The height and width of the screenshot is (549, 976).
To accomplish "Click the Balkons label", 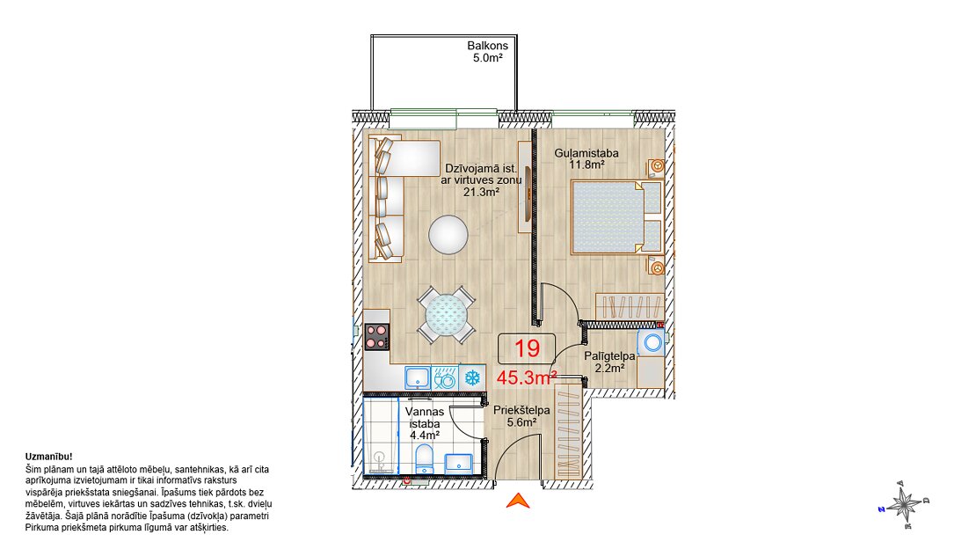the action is tap(487, 46).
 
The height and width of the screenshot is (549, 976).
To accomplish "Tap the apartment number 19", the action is tap(527, 348).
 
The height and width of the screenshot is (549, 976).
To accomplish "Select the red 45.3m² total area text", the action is tap(526, 377).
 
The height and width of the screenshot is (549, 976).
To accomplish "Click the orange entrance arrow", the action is tap(518, 500).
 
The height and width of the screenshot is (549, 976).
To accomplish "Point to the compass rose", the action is tap(905, 504).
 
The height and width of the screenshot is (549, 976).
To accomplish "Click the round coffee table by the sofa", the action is tap(448, 234).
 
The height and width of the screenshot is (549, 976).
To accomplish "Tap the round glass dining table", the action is tap(446, 315).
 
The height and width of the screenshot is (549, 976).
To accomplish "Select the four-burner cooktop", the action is tap(376, 336).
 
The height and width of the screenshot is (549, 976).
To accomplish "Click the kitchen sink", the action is tap(418, 378).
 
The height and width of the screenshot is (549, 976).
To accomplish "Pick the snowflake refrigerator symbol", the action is tap(472, 377).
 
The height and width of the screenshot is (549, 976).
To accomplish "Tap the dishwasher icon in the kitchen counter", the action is tap(444, 378).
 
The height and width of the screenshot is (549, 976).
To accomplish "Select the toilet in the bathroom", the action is tap(425, 458).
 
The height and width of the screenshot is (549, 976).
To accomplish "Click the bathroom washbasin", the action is tap(459, 463).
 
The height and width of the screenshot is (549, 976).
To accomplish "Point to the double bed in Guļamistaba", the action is tap(616, 216).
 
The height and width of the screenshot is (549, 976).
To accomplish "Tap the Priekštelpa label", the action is tap(521, 411).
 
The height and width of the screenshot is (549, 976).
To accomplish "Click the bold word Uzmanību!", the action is tap(48, 457).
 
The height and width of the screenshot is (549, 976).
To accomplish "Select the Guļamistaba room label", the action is tap(586, 153).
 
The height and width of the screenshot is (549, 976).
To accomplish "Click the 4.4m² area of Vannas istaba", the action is tap(425, 435).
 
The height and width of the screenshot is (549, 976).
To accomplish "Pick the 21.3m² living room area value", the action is tap(481, 192).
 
